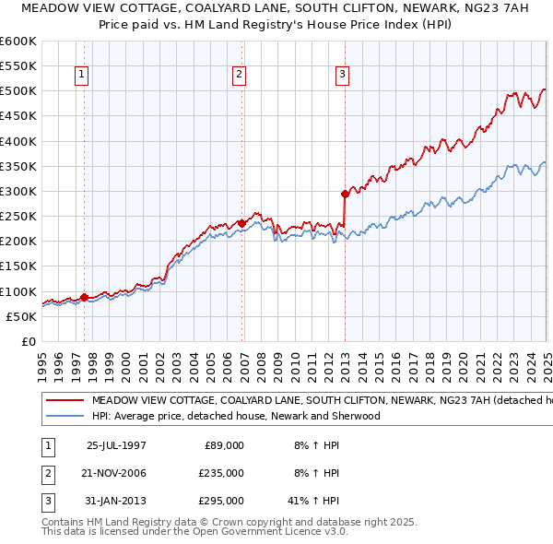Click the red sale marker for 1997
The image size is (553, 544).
[84, 297]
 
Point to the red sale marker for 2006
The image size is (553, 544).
[241, 223]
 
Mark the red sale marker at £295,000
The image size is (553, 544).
[345, 194]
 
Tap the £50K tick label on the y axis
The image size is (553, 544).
[21, 316]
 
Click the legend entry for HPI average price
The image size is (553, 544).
[236, 416]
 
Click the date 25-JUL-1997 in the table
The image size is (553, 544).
[116, 445]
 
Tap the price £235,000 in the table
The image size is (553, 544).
[221, 473]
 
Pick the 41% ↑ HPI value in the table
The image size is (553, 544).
[313, 501]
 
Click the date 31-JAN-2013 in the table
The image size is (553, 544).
[116, 501]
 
